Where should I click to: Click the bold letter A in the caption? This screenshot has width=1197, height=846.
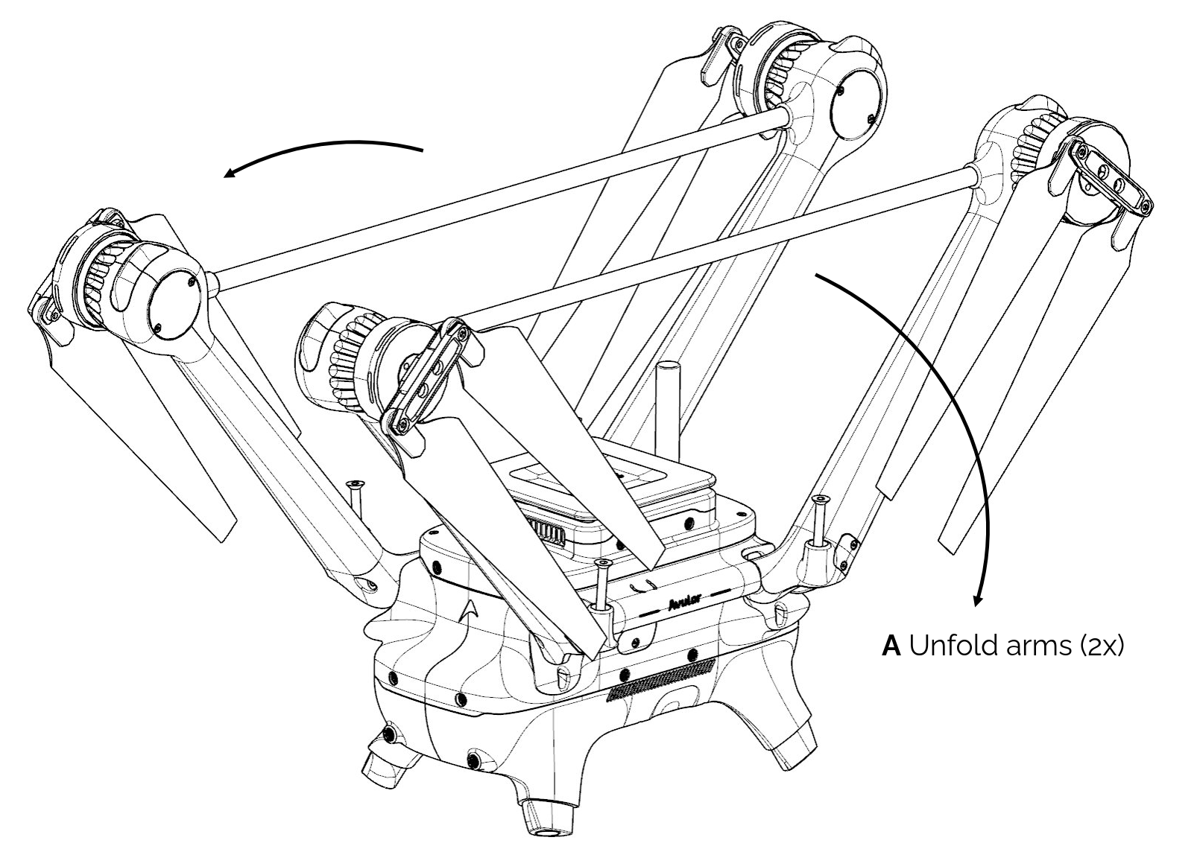(x=891, y=645)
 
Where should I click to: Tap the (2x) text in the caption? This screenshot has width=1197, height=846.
(x=1101, y=646)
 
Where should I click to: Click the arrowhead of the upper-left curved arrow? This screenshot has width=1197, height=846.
(x=231, y=174)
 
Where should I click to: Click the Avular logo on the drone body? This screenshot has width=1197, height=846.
(x=683, y=602)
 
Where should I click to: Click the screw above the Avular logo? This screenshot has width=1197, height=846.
(x=602, y=585)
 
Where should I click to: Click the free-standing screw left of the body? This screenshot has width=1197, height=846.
(x=356, y=497)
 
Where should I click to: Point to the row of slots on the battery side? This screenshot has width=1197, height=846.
(x=551, y=530)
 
